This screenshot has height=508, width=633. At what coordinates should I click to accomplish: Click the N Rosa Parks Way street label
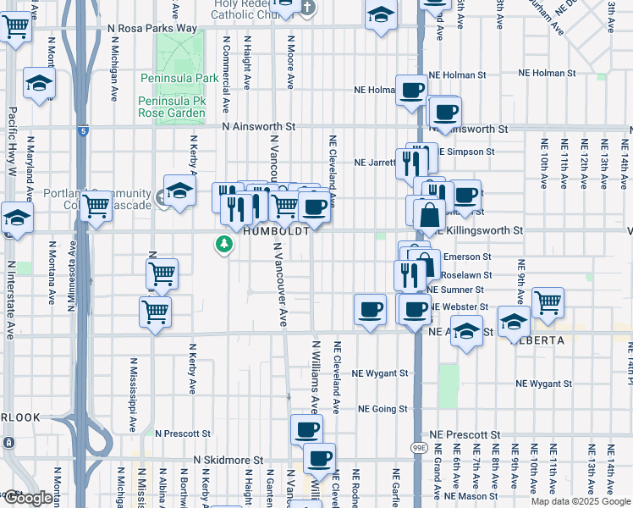[152, 29]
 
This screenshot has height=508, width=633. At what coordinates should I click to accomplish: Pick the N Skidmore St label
[211, 460]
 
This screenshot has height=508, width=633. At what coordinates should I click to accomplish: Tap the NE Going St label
[383, 409]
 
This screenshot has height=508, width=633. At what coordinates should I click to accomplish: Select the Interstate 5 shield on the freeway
[81, 131]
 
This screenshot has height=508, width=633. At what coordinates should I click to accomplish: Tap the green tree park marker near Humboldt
[224, 245]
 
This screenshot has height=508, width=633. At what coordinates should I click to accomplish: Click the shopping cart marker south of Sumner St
[155, 312]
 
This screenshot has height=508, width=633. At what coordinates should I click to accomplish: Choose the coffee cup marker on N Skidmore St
[319, 459]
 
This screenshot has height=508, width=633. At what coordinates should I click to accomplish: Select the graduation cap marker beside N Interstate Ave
[17, 218]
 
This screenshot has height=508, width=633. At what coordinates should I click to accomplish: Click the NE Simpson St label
[466, 152]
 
